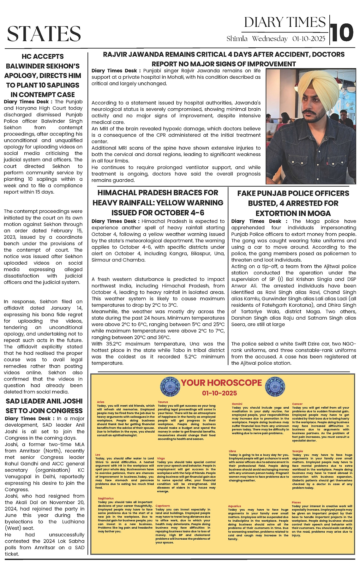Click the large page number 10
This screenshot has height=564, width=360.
pyautogui.click(x=342, y=32)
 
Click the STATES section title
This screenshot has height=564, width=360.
pyautogui.click(x=44, y=33)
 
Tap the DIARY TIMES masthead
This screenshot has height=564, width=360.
pyautogui.click(x=285, y=22)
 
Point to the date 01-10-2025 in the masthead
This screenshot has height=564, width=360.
pyautogui.click(x=309, y=39)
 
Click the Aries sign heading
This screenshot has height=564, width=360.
pyautogui.click(x=101, y=402)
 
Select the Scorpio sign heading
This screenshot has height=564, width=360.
pyautogui.click(x=297, y=451)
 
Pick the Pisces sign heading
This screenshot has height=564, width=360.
pyautogui.click(x=296, y=502)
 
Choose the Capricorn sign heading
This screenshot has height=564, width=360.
pyautogui.click(x=163, y=506)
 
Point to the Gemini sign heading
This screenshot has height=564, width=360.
pyautogui.click(x=237, y=404)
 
